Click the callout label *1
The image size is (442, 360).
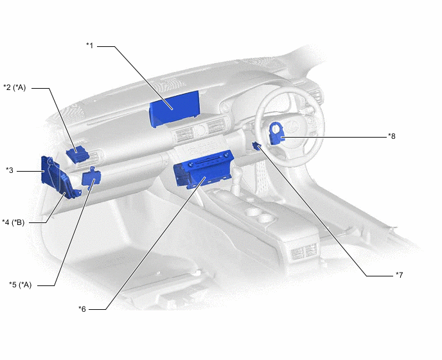tap(90, 46)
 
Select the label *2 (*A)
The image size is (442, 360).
tap(14, 87)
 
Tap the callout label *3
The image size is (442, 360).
tap(10, 170)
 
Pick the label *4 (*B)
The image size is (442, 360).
tap(13, 222)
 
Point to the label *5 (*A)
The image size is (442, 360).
tap(21, 285)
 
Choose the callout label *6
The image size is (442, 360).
tap(82, 309)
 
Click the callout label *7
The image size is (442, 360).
tap(399, 274)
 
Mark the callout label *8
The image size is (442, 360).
tap(391, 136)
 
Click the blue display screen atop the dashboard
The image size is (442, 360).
tap(174, 109)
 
